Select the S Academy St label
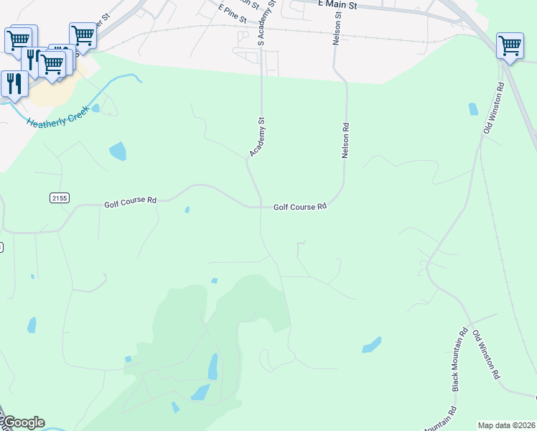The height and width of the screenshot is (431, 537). [271, 22]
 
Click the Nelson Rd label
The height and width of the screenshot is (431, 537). [345, 141]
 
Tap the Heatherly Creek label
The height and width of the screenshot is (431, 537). [57, 117]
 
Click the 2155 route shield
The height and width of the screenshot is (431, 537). [59, 198]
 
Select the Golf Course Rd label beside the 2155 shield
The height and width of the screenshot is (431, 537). [130, 202]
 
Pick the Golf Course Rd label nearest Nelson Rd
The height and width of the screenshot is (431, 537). [300, 207]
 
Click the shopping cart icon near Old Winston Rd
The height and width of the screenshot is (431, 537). [510, 45]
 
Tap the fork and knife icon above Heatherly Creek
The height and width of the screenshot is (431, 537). [13, 83]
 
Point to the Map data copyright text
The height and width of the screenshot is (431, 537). [505, 425]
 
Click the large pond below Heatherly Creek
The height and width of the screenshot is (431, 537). [117, 151]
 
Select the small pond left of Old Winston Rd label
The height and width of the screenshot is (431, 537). [472, 108]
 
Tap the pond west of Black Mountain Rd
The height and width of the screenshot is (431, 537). [371, 345]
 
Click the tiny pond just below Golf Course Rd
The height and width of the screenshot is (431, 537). [187, 210]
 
